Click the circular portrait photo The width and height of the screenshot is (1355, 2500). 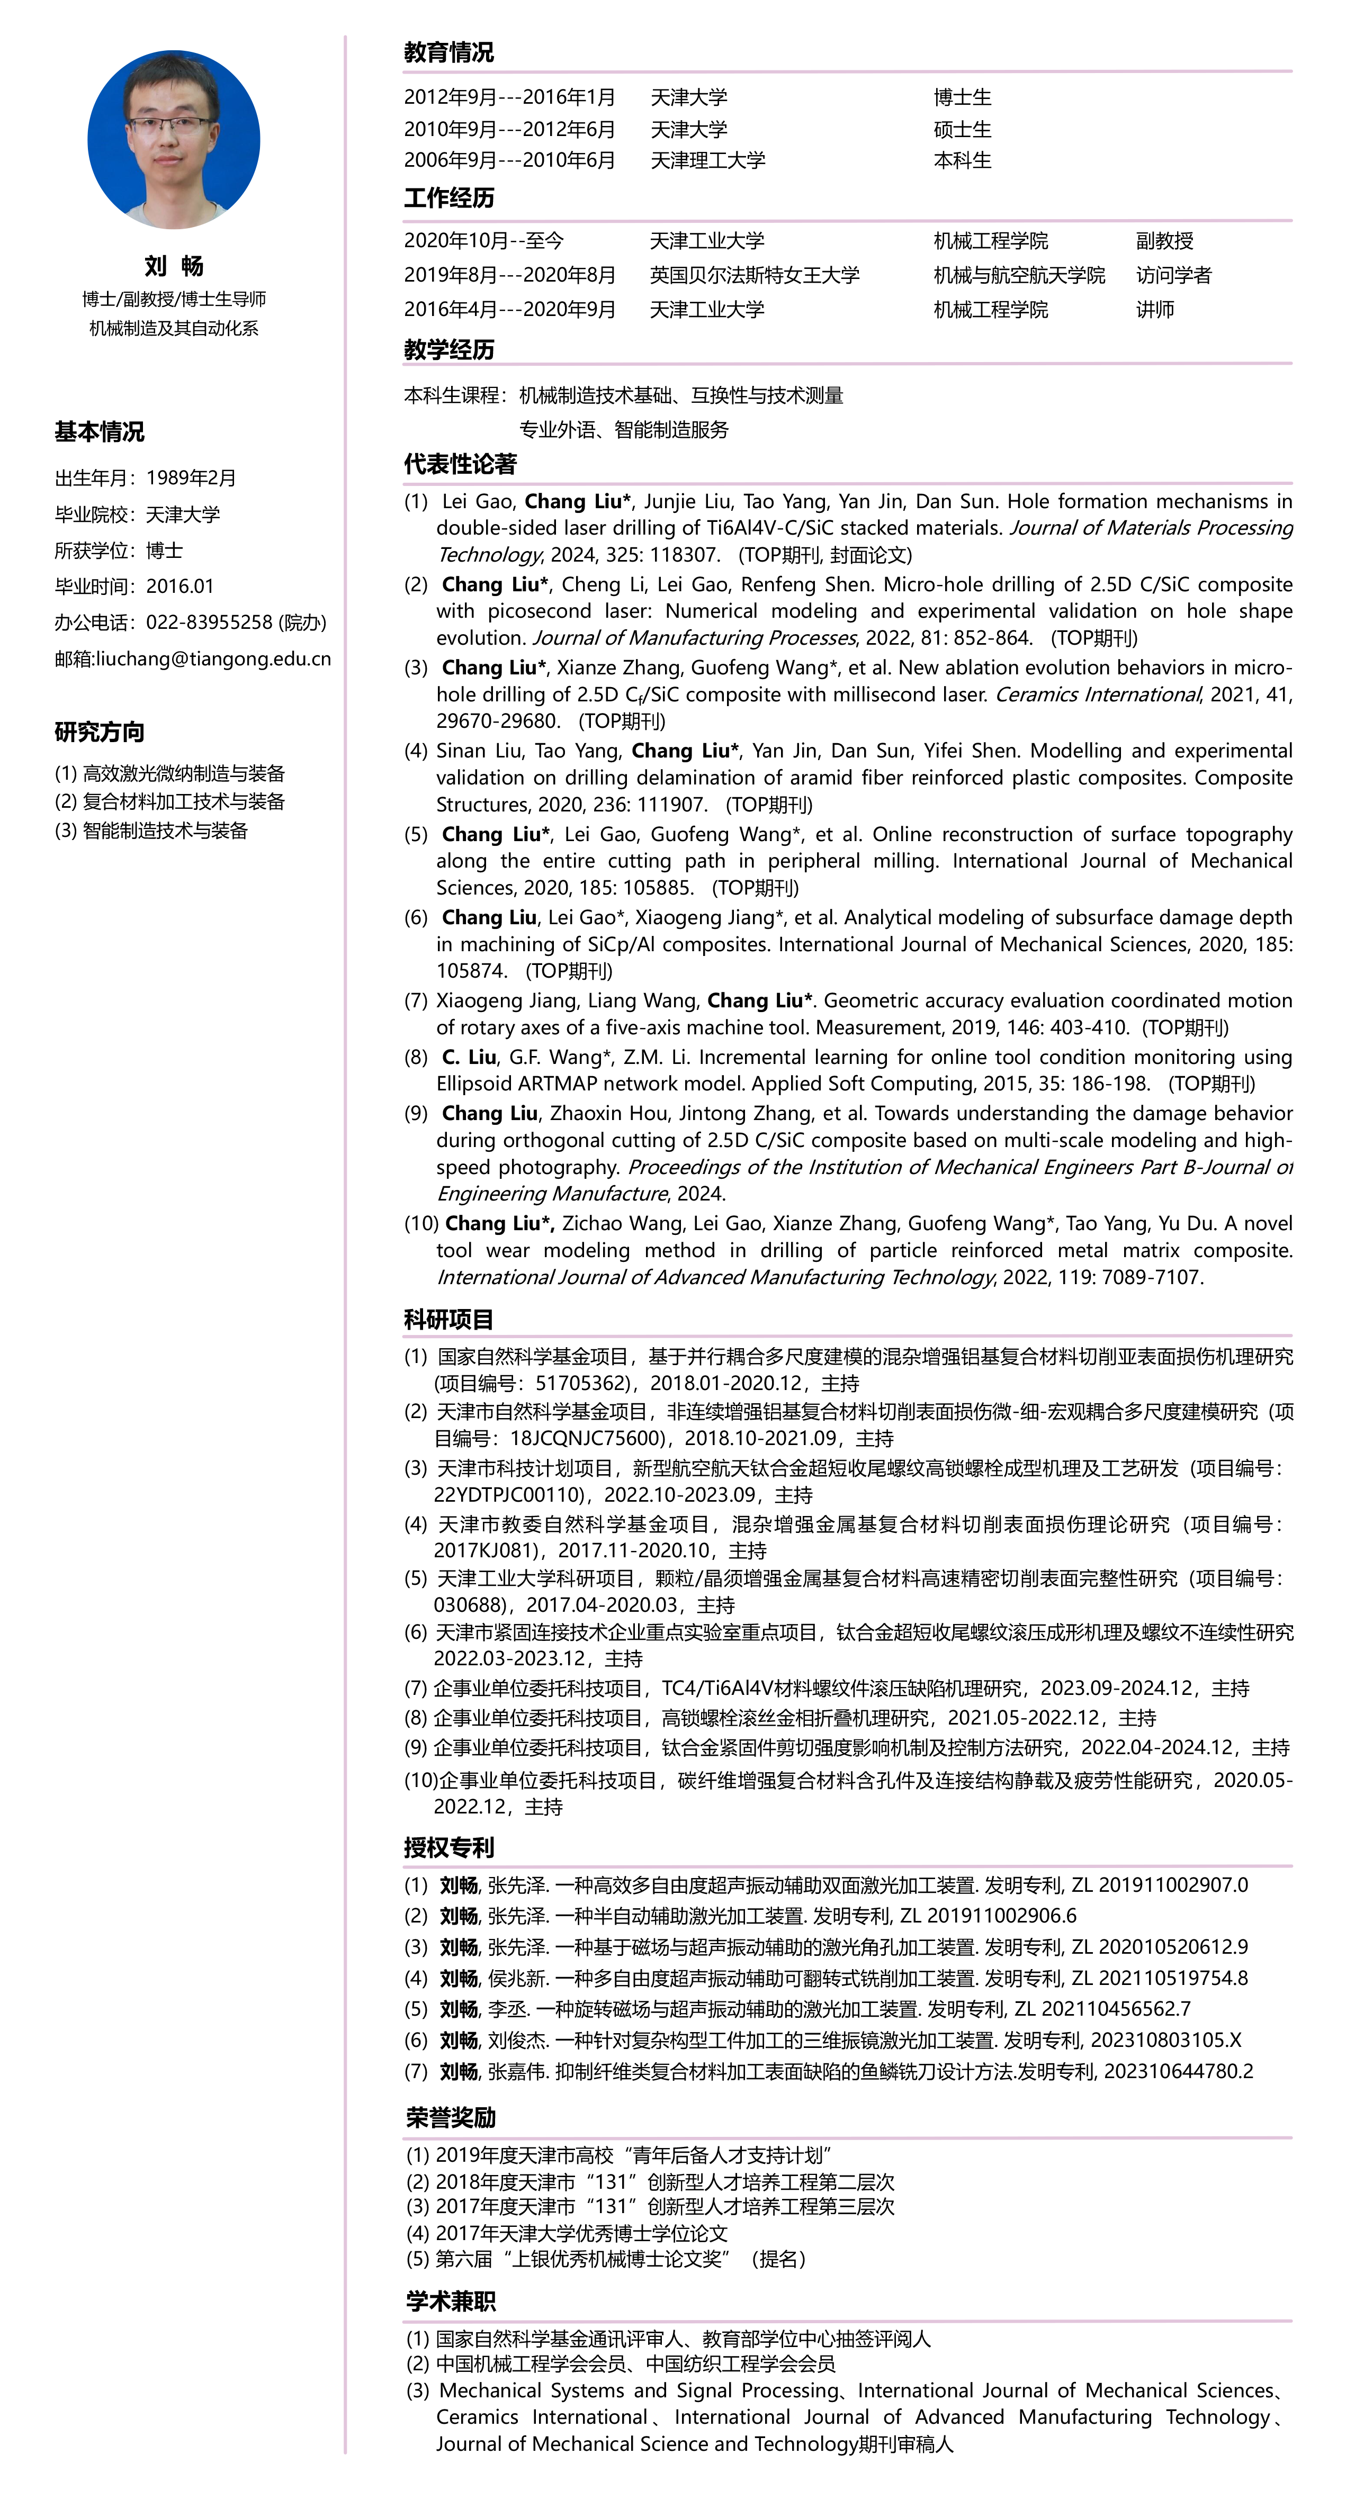click(174, 140)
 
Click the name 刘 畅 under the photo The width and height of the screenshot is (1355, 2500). click(174, 266)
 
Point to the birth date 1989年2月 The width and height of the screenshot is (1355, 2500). click(191, 477)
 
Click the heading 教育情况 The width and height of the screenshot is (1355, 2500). click(448, 52)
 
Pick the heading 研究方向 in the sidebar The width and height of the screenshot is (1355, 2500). click(99, 732)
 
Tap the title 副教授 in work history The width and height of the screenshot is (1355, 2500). click(1165, 241)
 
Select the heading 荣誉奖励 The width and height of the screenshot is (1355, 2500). click(451, 2117)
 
